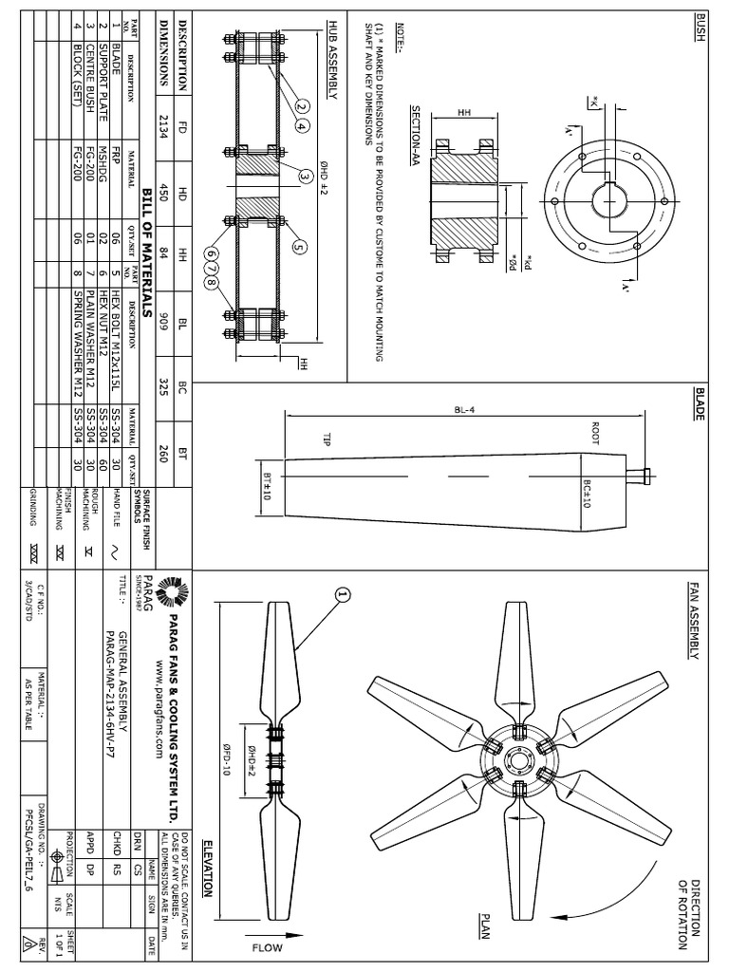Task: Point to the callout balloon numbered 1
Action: click(343, 594)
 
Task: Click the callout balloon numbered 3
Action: click(306, 177)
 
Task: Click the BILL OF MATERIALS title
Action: click(147, 248)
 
